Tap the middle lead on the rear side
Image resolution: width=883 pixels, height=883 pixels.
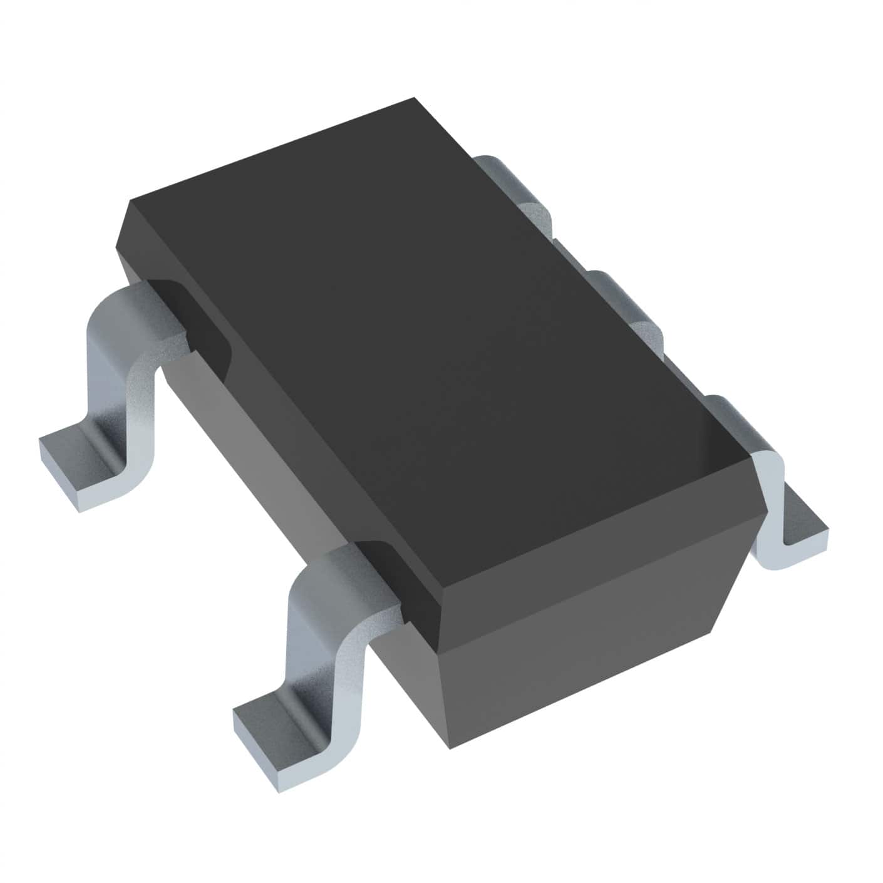pyautogui.click(x=626, y=307)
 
